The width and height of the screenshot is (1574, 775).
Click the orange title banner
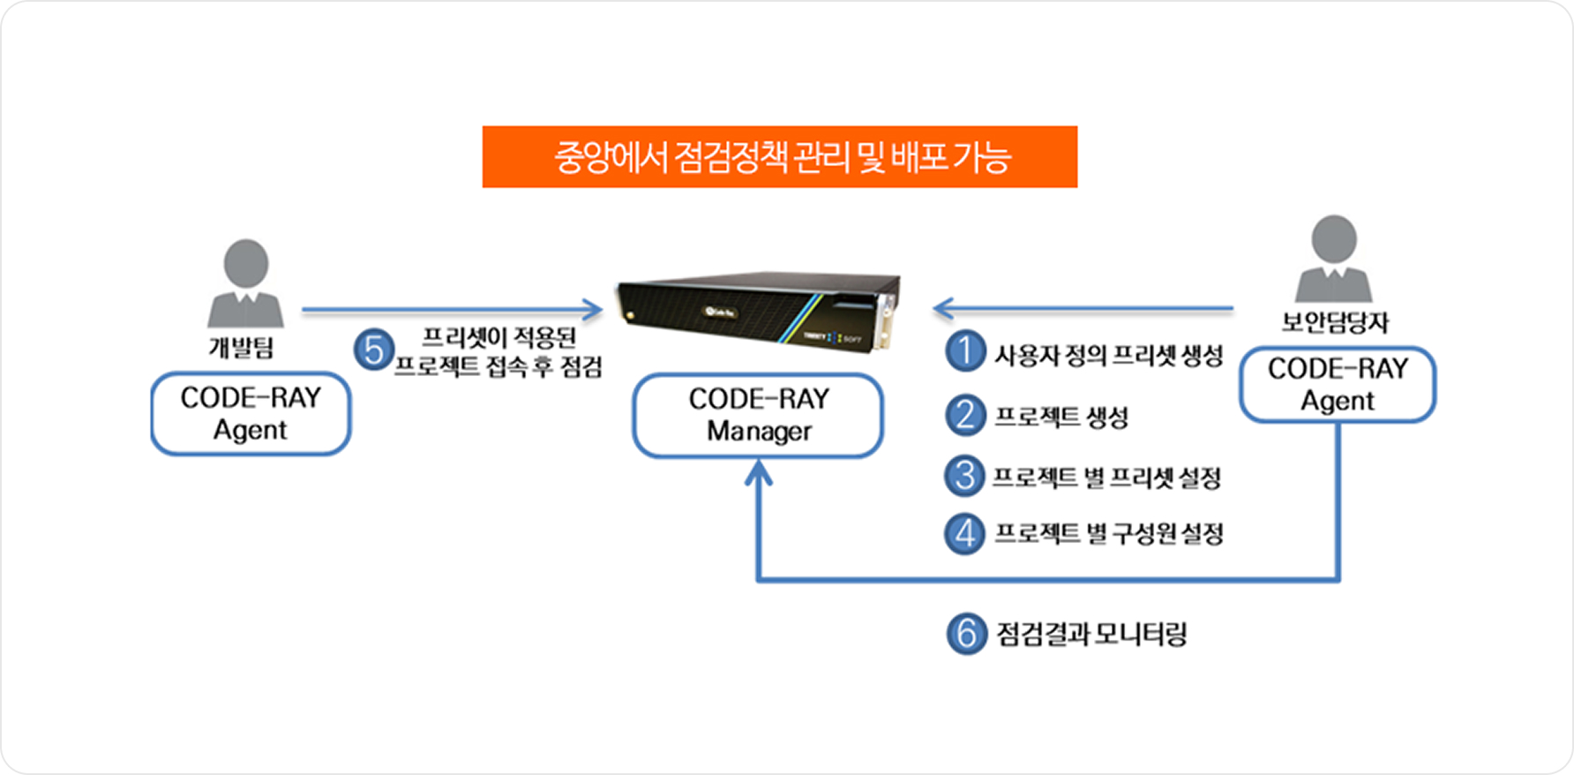[779, 157]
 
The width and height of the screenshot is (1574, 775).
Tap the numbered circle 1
[965, 351]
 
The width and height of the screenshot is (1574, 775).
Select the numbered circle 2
[965, 415]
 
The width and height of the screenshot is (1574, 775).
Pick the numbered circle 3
[965, 476]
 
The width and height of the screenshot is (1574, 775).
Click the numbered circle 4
[965, 533]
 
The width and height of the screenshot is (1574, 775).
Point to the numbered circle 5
[373, 350]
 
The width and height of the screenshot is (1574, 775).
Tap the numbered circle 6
[966, 634]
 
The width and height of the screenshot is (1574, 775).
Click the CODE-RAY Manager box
[758, 415]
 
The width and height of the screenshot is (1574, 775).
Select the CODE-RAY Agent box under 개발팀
[251, 413]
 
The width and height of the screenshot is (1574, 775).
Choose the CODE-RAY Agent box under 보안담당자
[1337, 385]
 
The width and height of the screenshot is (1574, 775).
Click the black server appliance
[759, 312]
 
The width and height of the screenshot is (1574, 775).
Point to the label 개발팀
[241, 347]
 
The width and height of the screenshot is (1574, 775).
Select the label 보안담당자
[1334, 322]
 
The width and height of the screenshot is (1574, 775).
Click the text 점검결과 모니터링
[1091, 634]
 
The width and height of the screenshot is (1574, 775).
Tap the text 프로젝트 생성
[1061, 417]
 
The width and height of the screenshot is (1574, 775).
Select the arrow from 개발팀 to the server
[450, 310]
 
